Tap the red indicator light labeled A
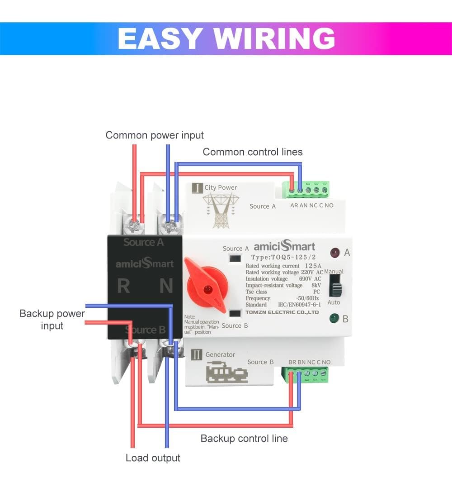pos(335,252)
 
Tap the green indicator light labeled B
pos(334,318)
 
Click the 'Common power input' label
pos(155,135)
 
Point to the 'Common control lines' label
pos(253,152)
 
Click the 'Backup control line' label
pos(244,438)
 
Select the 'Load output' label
pos(153,458)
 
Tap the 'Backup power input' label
pos(52,320)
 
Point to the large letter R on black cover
pos(123,286)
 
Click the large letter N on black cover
pos(166,286)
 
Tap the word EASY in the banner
pos(162,39)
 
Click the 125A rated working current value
pos(313,266)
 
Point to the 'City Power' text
pos(221,187)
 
